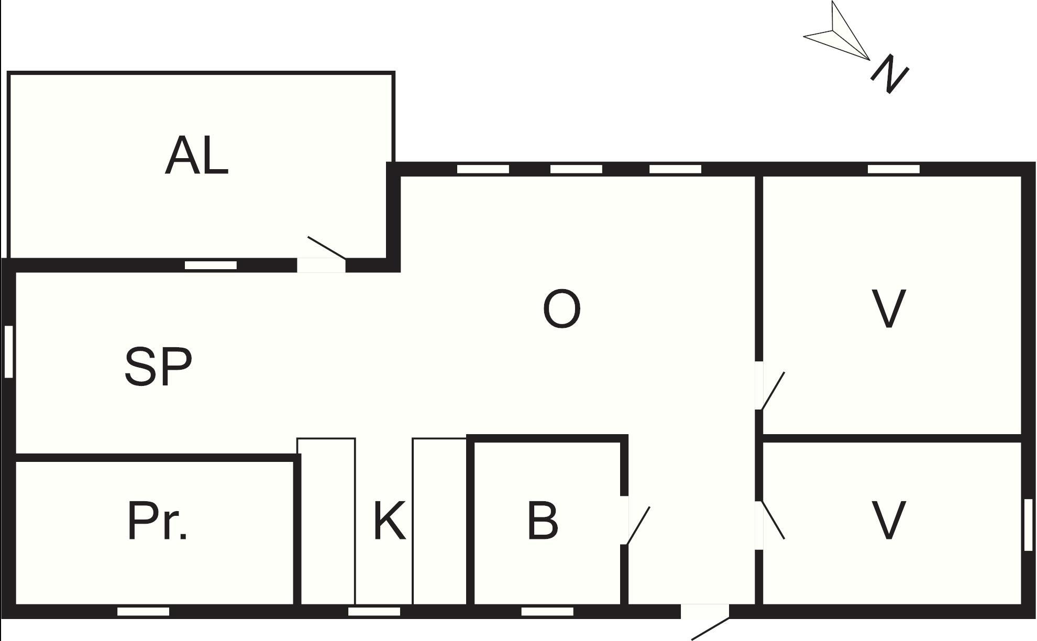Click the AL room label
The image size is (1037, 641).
[x=197, y=156]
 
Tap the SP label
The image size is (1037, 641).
[x=158, y=367]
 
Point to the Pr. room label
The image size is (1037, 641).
[x=157, y=521]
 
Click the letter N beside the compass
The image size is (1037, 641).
[x=889, y=75]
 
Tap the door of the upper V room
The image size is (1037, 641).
[x=770, y=385]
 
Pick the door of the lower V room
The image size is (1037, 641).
[x=770, y=525]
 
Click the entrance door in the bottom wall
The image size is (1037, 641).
[x=705, y=622]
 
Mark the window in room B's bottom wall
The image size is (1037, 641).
[x=547, y=611]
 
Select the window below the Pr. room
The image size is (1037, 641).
[x=143, y=611]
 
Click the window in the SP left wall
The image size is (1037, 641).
[x=8, y=351]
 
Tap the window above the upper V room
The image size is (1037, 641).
[x=893, y=169]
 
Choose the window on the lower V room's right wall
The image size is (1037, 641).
[x=1028, y=525]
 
